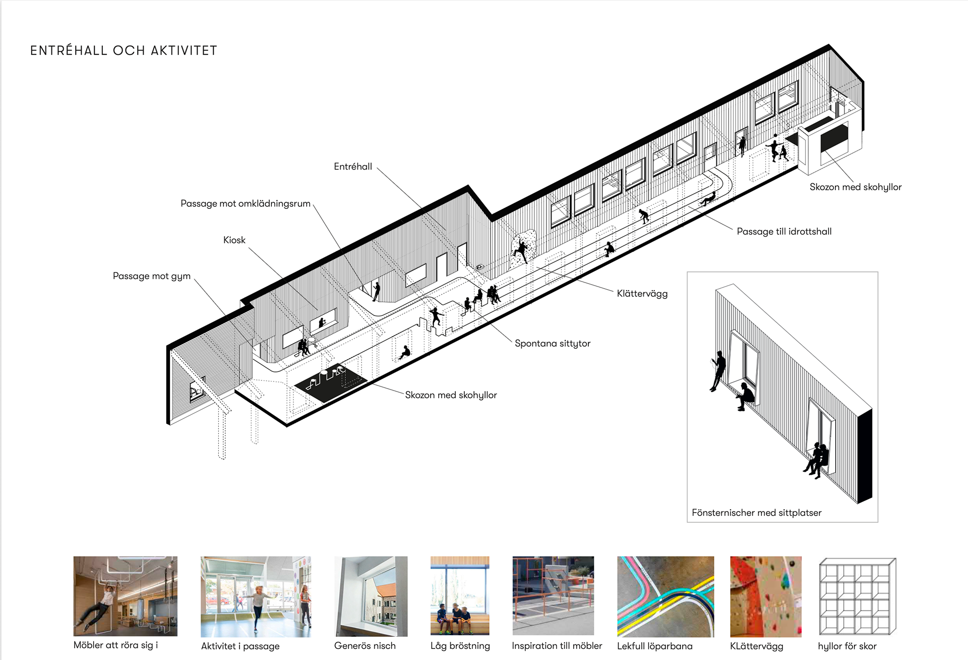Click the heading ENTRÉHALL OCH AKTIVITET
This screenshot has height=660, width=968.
point(124,50)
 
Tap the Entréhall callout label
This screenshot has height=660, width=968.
point(353,167)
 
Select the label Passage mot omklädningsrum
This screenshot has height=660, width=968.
point(246,203)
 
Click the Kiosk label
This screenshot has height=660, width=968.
point(234,240)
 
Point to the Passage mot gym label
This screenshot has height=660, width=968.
point(152,276)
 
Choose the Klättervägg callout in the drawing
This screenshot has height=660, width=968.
point(642,294)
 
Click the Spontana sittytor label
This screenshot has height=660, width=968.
point(553,344)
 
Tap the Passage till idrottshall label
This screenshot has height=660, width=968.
point(784,232)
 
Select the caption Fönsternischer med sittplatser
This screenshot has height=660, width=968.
point(756,513)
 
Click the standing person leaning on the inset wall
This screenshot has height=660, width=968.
point(718,371)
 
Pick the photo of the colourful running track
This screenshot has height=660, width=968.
point(665,596)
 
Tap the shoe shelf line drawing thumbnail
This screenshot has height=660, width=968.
point(857,596)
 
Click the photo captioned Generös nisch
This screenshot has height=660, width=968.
point(371,596)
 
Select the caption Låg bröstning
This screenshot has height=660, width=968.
point(460,646)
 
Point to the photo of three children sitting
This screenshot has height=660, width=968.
point(460,596)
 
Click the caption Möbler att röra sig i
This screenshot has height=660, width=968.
point(116,645)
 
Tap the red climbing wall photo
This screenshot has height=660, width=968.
point(765,596)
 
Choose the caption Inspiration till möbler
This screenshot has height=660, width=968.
point(557,646)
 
